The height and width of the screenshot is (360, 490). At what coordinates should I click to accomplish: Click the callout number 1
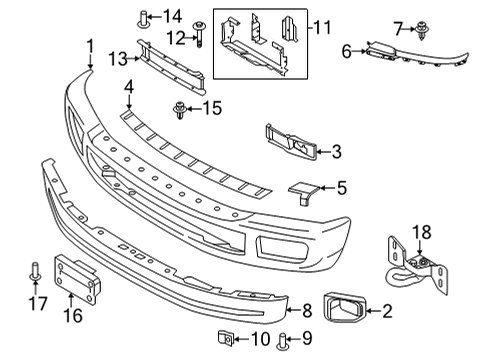point(90,45)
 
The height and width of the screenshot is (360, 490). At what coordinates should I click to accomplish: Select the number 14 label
point(173,15)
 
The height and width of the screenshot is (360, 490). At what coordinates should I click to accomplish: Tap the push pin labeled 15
point(181,108)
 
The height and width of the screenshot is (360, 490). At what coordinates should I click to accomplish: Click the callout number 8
point(308,311)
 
